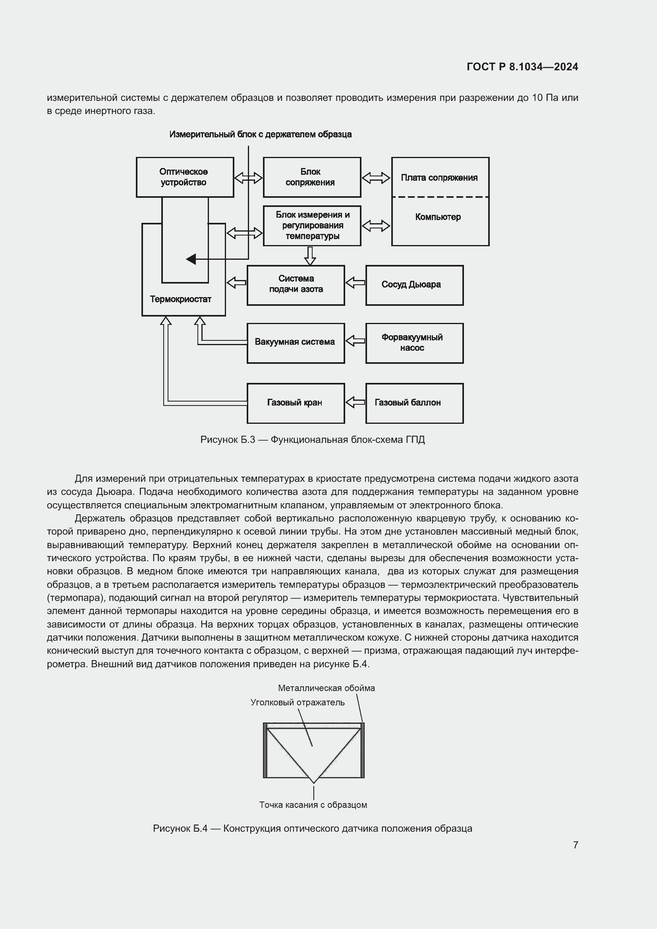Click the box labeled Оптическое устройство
point(185,177)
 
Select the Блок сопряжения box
point(311,177)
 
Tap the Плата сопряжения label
point(439,178)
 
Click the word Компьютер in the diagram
point(438,217)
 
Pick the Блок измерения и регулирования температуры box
point(312,225)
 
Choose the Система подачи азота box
point(296,285)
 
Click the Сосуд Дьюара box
point(414,285)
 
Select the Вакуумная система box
point(296,343)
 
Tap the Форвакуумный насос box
point(414,343)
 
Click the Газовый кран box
point(296,403)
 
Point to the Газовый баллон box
point(414,403)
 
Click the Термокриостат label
point(180,299)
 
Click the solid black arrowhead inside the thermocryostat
point(191,259)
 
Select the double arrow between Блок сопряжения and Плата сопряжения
point(376,178)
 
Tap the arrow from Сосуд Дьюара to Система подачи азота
point(355,282)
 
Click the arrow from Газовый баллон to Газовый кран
point(355,402)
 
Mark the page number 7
point(575,845)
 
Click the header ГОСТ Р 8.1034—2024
point(522,67)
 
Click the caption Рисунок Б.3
point(312,439)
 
